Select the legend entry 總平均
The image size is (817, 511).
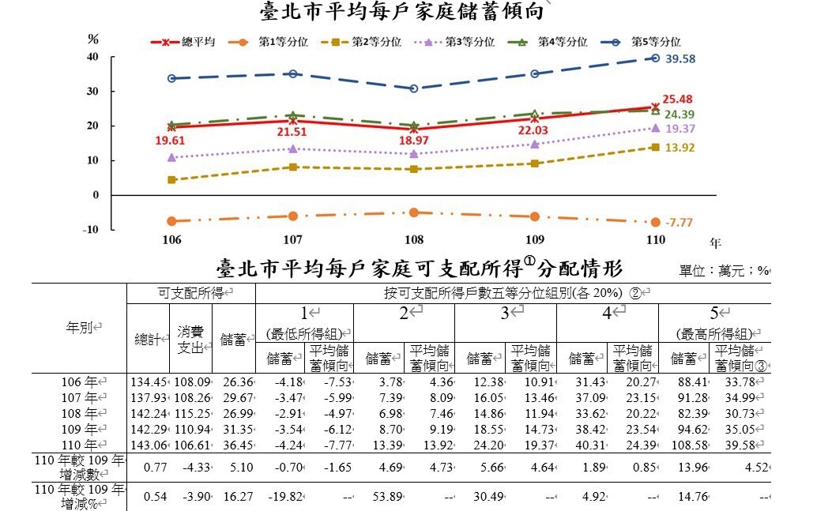tap(193, 42)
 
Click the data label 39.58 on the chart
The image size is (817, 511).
tap(680, 59)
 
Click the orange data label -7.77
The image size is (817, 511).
tap(680, 224)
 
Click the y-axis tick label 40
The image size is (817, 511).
tap(93, 57)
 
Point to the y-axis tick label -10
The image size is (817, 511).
tap(92, 229)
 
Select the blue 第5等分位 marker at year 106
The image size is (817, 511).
tap(171, 78)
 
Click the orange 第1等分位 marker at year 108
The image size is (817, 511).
tap(413, 212)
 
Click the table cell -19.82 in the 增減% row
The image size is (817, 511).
tap(283, 498)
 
